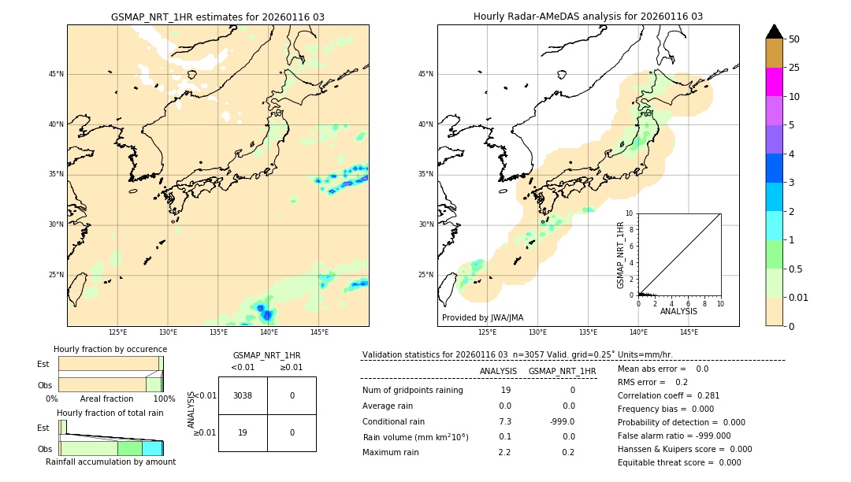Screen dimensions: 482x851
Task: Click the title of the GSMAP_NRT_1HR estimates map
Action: [217, 17]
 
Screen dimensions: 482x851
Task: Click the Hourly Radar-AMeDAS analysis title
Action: [588, 17]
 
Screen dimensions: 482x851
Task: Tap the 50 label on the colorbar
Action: [794, 39]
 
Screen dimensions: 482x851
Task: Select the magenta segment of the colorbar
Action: [775, 82]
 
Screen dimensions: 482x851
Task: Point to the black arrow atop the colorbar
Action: [775, 32]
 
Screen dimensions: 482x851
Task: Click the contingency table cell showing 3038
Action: [243, 395]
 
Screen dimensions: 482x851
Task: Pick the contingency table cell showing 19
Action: [243, 432]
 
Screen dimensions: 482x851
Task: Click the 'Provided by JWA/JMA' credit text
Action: [482, 318]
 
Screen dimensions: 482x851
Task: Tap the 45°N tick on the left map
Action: [56, 74]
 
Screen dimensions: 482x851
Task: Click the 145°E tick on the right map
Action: [689, 332]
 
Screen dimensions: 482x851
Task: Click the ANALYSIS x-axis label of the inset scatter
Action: [678, 311]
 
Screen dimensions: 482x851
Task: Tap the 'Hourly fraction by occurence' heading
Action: [110, 349]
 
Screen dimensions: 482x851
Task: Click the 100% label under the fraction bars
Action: [163, 399]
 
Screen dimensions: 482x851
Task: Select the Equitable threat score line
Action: [679, 462]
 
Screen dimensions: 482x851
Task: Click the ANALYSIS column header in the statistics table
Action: [498, 371]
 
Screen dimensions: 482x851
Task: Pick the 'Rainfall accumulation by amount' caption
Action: [110, 462]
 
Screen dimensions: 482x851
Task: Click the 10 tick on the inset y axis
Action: [630, 213]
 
